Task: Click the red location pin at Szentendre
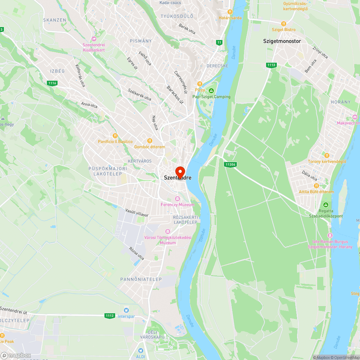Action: (x=180, y=171)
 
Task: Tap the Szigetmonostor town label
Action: (x=282, y=41)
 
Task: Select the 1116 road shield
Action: (x=52, y=83)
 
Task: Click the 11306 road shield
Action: (x=230, y=165)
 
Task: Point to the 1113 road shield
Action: (x=271, y=65)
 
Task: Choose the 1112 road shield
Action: (x=110, y=316)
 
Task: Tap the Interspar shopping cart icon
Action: (x=126, y=310)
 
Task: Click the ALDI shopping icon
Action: (x=141, y=350)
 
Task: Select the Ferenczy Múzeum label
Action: (x=177, y=204)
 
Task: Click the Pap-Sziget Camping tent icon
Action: (x=211, y=90)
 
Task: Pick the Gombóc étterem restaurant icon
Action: (x=149, y=141)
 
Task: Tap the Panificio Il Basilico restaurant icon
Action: (x=115, y=136)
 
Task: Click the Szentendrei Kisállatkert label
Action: (x=94, y=48)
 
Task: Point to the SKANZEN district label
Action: (x=54, y=20)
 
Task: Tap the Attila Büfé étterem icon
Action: (x=316, y=186)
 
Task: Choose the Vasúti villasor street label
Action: (x=137, y=212)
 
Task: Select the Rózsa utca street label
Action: (x=136, y=254)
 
